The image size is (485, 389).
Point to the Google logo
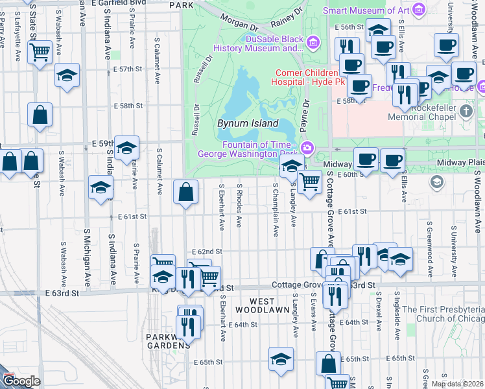point(21,381)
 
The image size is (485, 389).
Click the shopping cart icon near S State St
point(40,52)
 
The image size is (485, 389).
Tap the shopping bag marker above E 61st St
point(186,193)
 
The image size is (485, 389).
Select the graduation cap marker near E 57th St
point(67,75)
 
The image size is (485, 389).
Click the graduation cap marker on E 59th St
point(127,147)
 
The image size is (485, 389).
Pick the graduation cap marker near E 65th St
point(281,359)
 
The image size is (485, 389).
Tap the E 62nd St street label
point(207,252)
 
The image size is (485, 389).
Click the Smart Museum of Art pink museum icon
point(419,9)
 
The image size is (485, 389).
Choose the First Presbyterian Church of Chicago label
point(444,314)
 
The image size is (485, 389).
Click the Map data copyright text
point(457,384)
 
